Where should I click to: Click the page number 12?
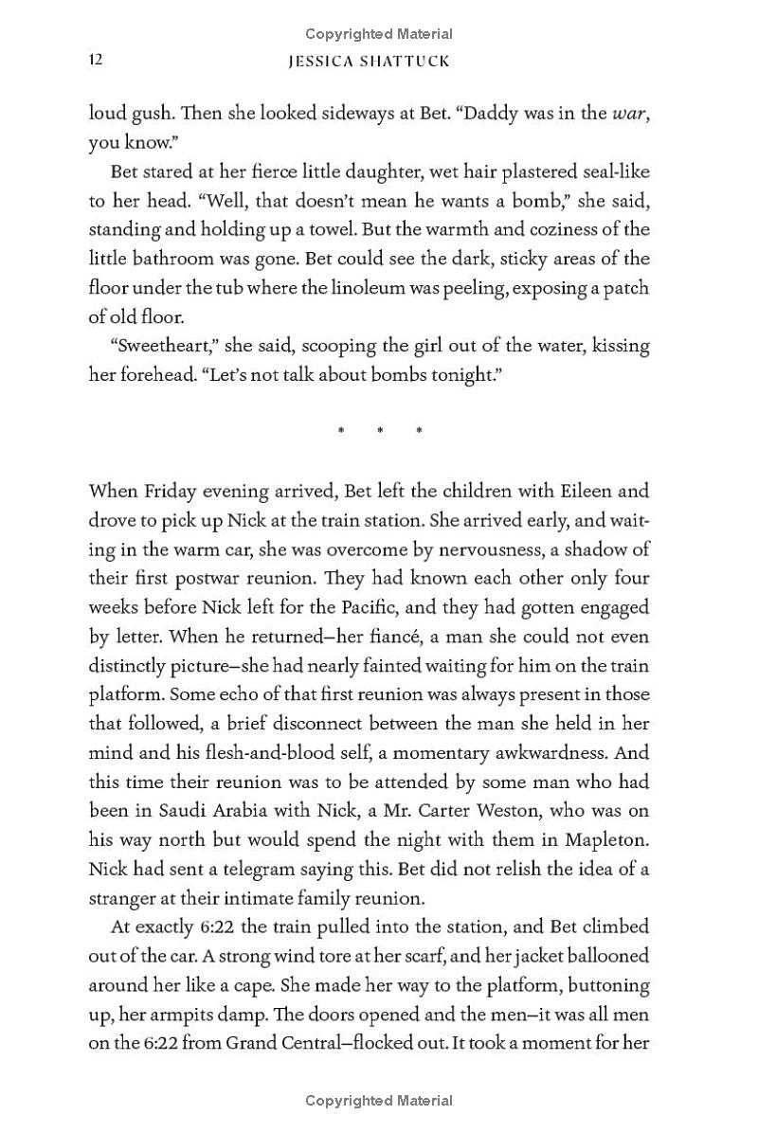pyautogui.click(x=96, y=60)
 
